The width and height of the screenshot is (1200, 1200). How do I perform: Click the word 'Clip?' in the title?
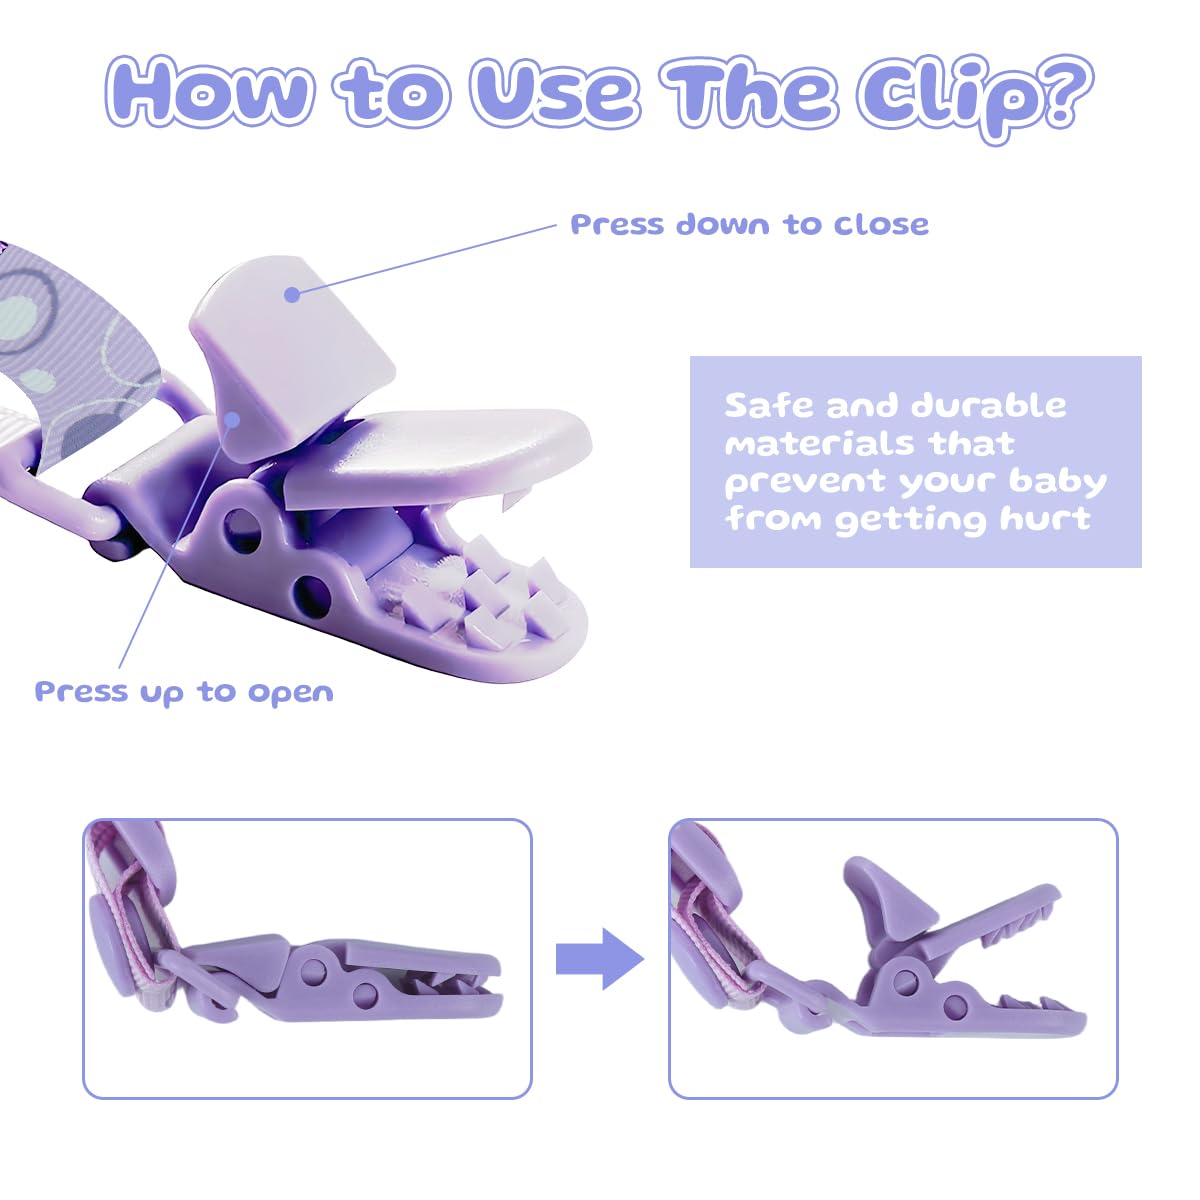coord(975,97)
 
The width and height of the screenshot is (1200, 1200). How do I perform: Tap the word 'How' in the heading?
coord(209,92)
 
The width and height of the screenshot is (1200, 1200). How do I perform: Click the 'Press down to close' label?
coord(749,224)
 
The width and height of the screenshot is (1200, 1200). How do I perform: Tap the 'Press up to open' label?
coord(184,692)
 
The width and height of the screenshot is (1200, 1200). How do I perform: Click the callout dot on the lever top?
coord(291,295)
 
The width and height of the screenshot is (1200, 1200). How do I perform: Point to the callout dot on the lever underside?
coord(232,419)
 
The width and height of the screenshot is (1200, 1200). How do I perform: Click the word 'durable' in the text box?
coord(989,405)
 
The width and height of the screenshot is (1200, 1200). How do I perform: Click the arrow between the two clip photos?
coord(600,959)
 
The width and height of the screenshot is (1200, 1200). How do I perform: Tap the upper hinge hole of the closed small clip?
coord(313,971)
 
